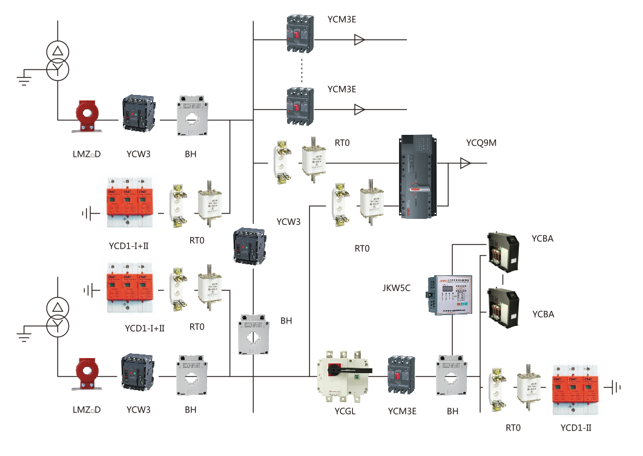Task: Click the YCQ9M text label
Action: [x=482, y=143]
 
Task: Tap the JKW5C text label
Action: [x=397, y=288]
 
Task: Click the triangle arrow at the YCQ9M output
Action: [x=465, y=163]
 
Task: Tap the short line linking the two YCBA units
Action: [x=504, y=280]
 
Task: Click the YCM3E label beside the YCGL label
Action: [x=402, y=411]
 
